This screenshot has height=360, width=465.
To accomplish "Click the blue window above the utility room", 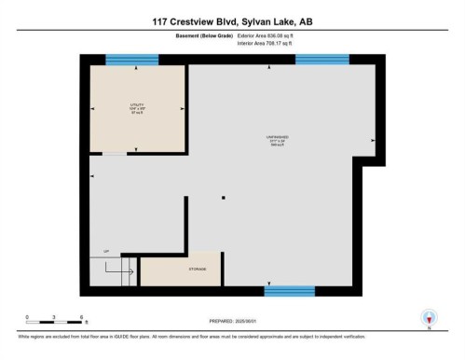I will [x=132, y=60].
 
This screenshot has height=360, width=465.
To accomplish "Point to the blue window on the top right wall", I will [x=322, y=60].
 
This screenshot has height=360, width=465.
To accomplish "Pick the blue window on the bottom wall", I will [x=289, y=291].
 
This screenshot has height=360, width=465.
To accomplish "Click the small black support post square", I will [x=224, y=198].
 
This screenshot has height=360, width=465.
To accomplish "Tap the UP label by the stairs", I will [x=106, y=251].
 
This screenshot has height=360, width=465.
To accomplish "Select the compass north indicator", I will [x=429, y=318].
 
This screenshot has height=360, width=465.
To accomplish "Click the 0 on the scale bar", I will [x=27, y=317].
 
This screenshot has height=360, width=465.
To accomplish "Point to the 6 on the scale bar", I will [x=84, y=317].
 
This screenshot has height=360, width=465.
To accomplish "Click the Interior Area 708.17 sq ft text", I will [x=272, y=43].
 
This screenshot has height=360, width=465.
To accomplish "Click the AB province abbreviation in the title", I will [x=305, y=21].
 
